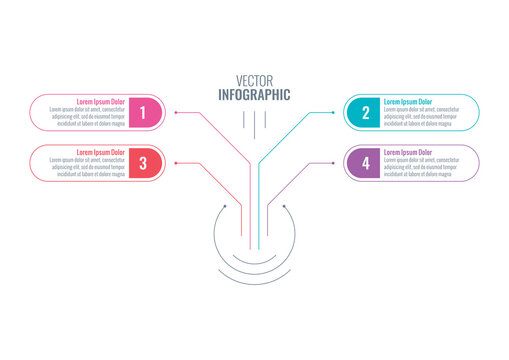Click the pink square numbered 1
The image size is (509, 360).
coord(143,113)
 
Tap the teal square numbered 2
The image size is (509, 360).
coord(365,113)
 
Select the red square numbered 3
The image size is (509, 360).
coord(143,162)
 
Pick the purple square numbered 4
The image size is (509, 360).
coord(365,162)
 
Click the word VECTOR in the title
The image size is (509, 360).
coord(253,81)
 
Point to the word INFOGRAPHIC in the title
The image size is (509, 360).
coord(254,95)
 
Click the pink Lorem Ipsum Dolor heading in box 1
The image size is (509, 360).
coord(101,102)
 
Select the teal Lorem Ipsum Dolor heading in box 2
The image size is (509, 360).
coord(408,102)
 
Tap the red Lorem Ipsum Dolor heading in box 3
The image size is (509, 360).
coord(101,152)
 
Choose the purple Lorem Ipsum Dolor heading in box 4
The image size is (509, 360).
coord(408,152)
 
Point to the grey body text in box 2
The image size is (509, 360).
coord(421,117)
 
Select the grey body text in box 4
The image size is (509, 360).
coord(421,167)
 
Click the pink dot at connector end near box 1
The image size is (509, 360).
coord(176,113)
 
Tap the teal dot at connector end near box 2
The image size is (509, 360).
coord(333,113)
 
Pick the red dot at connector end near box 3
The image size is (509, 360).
coord(176,162)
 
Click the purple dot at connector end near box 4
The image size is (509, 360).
coord(333,162)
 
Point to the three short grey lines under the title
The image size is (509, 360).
coord(254,122)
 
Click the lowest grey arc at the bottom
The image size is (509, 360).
coord(254,272)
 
